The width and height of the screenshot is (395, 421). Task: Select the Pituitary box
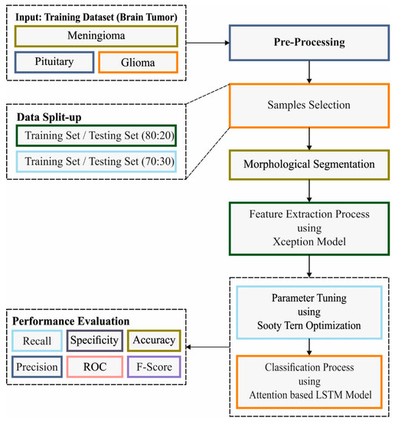53,63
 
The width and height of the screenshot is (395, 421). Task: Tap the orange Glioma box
139,63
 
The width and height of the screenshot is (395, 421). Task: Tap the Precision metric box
36,368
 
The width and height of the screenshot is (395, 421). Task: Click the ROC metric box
94,368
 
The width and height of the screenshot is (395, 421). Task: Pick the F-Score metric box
153,368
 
